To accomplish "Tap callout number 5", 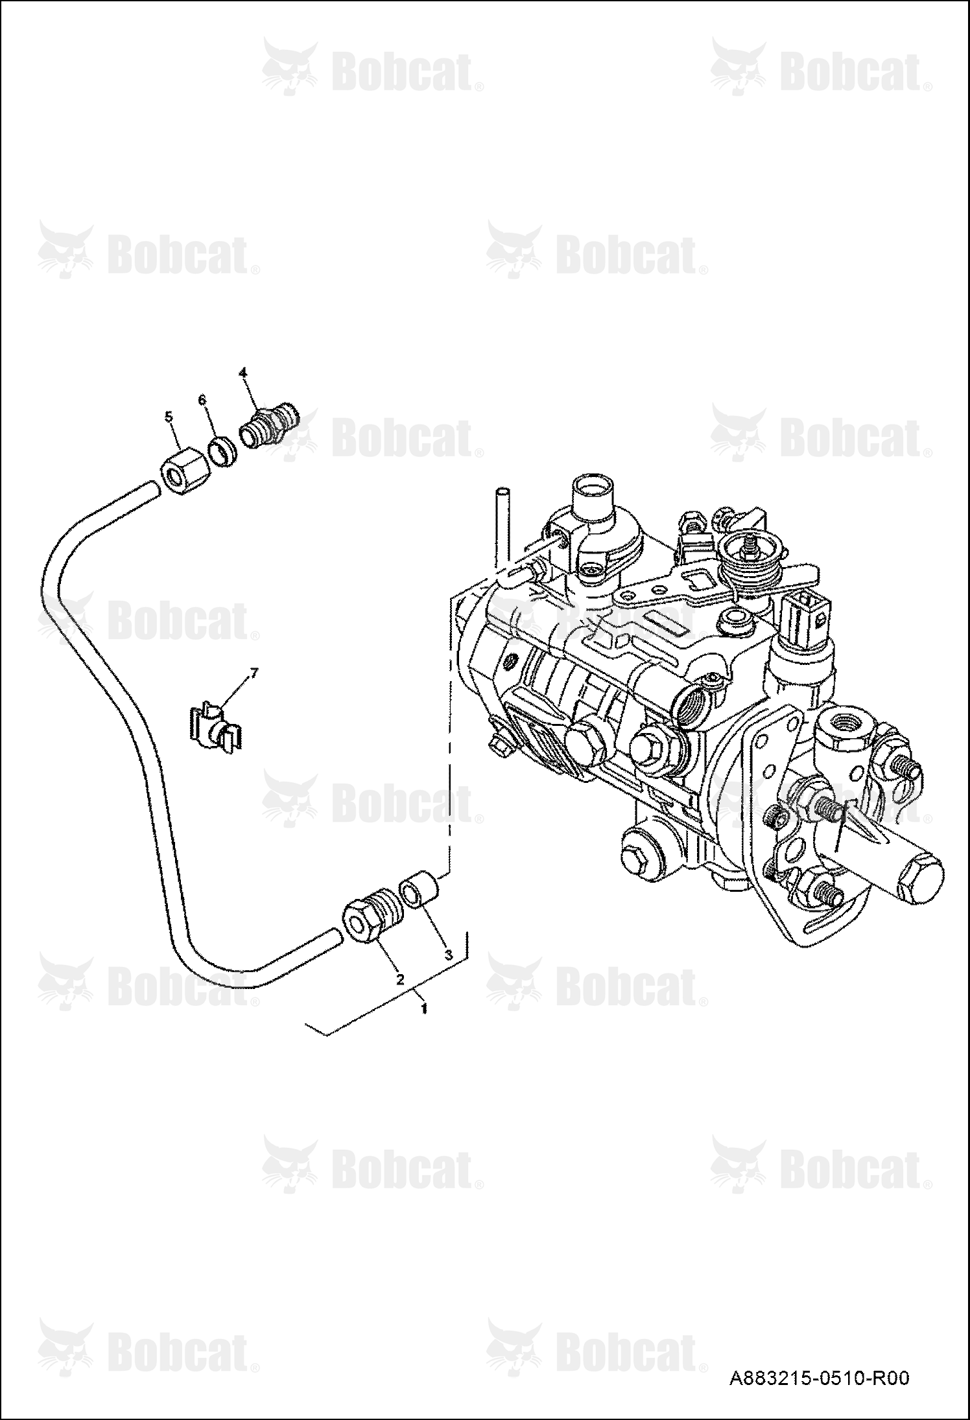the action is [x=170, y=417].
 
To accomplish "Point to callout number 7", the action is [x=254, y=674].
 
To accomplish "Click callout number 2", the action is [x=400, y=979].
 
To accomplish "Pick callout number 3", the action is [x=447, y=955].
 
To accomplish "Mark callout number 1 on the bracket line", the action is [x=424, y=1008].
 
